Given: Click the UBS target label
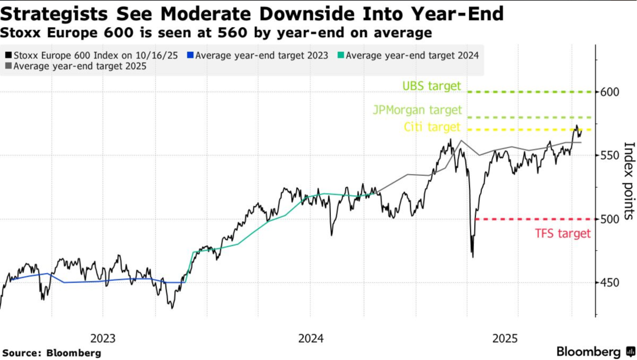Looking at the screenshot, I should click(431, 86).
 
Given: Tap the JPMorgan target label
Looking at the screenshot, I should click(417, 110).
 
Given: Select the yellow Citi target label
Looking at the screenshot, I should click(432, 127).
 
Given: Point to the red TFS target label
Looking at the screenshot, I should click(562, 234).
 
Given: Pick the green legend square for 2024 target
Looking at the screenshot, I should click(340, 55).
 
